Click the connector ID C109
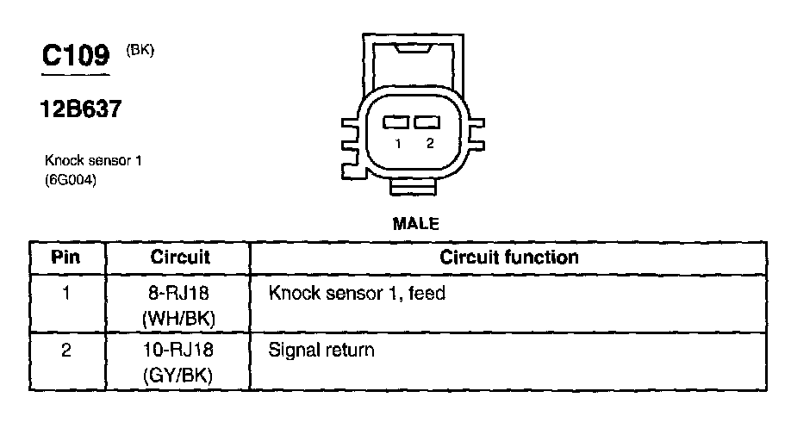tap(76, 56)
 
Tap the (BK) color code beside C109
tap(140, 50)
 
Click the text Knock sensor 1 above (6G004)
tap(92, 161)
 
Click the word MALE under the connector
tap(415, 224)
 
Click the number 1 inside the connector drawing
tap(398, 144)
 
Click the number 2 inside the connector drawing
tap(429, 144)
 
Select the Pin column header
tap(66, 258)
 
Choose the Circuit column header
tap(180, 258)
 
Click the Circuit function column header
tap(508, 258)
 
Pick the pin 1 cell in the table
tap(66, 294)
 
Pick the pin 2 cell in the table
tap(66, 351)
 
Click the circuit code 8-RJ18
tap(180, 295)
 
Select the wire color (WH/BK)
tap(180, 318)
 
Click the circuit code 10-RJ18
tap(180, 351)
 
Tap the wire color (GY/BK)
tap(180, 376)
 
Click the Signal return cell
tap(321, 351)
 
